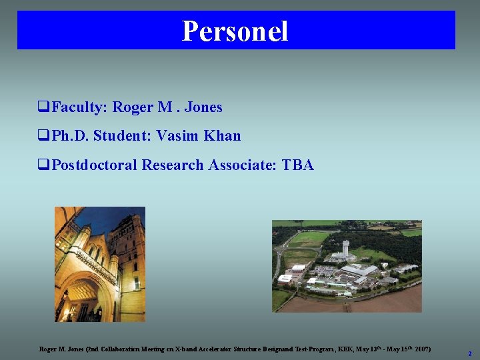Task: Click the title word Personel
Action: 235,31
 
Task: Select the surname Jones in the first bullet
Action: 203,107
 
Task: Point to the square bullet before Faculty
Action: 43,107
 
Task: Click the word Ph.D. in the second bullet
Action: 69,136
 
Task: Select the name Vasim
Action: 177,136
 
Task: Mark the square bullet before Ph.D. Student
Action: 43,137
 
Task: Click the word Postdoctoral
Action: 95,165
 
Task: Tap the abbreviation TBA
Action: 297,165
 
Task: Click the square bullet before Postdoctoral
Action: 43,165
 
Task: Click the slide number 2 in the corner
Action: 469,353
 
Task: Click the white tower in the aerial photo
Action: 344,248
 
